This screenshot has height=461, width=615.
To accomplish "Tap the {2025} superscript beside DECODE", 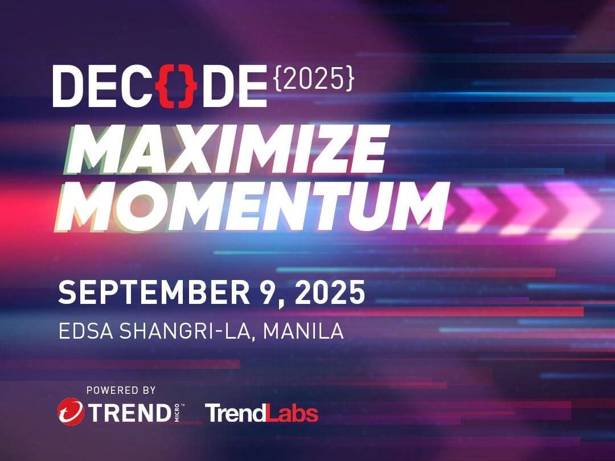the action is (313, 79).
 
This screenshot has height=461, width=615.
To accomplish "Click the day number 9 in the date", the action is (270, 293).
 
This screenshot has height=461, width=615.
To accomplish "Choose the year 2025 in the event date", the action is (330, 293).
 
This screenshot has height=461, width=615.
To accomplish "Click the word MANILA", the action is (304, 331).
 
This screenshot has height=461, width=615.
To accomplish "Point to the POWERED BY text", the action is (121, 390).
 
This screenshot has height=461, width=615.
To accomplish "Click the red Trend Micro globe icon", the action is (71, 411).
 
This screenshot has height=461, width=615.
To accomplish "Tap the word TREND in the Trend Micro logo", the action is (129, 413).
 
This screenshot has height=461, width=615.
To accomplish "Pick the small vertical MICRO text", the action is (177, 413).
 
